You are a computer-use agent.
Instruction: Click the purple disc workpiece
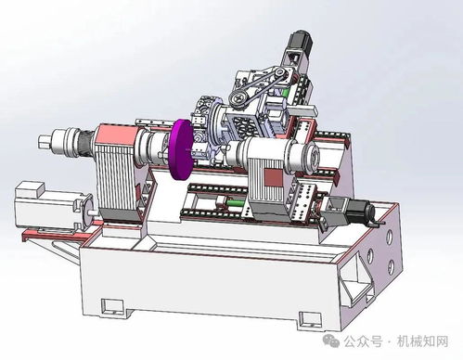click(180, 150)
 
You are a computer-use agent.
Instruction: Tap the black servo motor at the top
click(301, 41)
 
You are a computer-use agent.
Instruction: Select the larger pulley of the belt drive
click(238, 98)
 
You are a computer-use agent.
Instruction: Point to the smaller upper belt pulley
click(280, 73)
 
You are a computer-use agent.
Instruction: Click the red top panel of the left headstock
click(117, 135)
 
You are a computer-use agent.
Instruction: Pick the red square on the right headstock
click(273, 178)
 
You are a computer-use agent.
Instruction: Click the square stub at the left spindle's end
click(44, 142)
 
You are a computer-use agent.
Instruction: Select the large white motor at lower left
click(49, 211)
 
